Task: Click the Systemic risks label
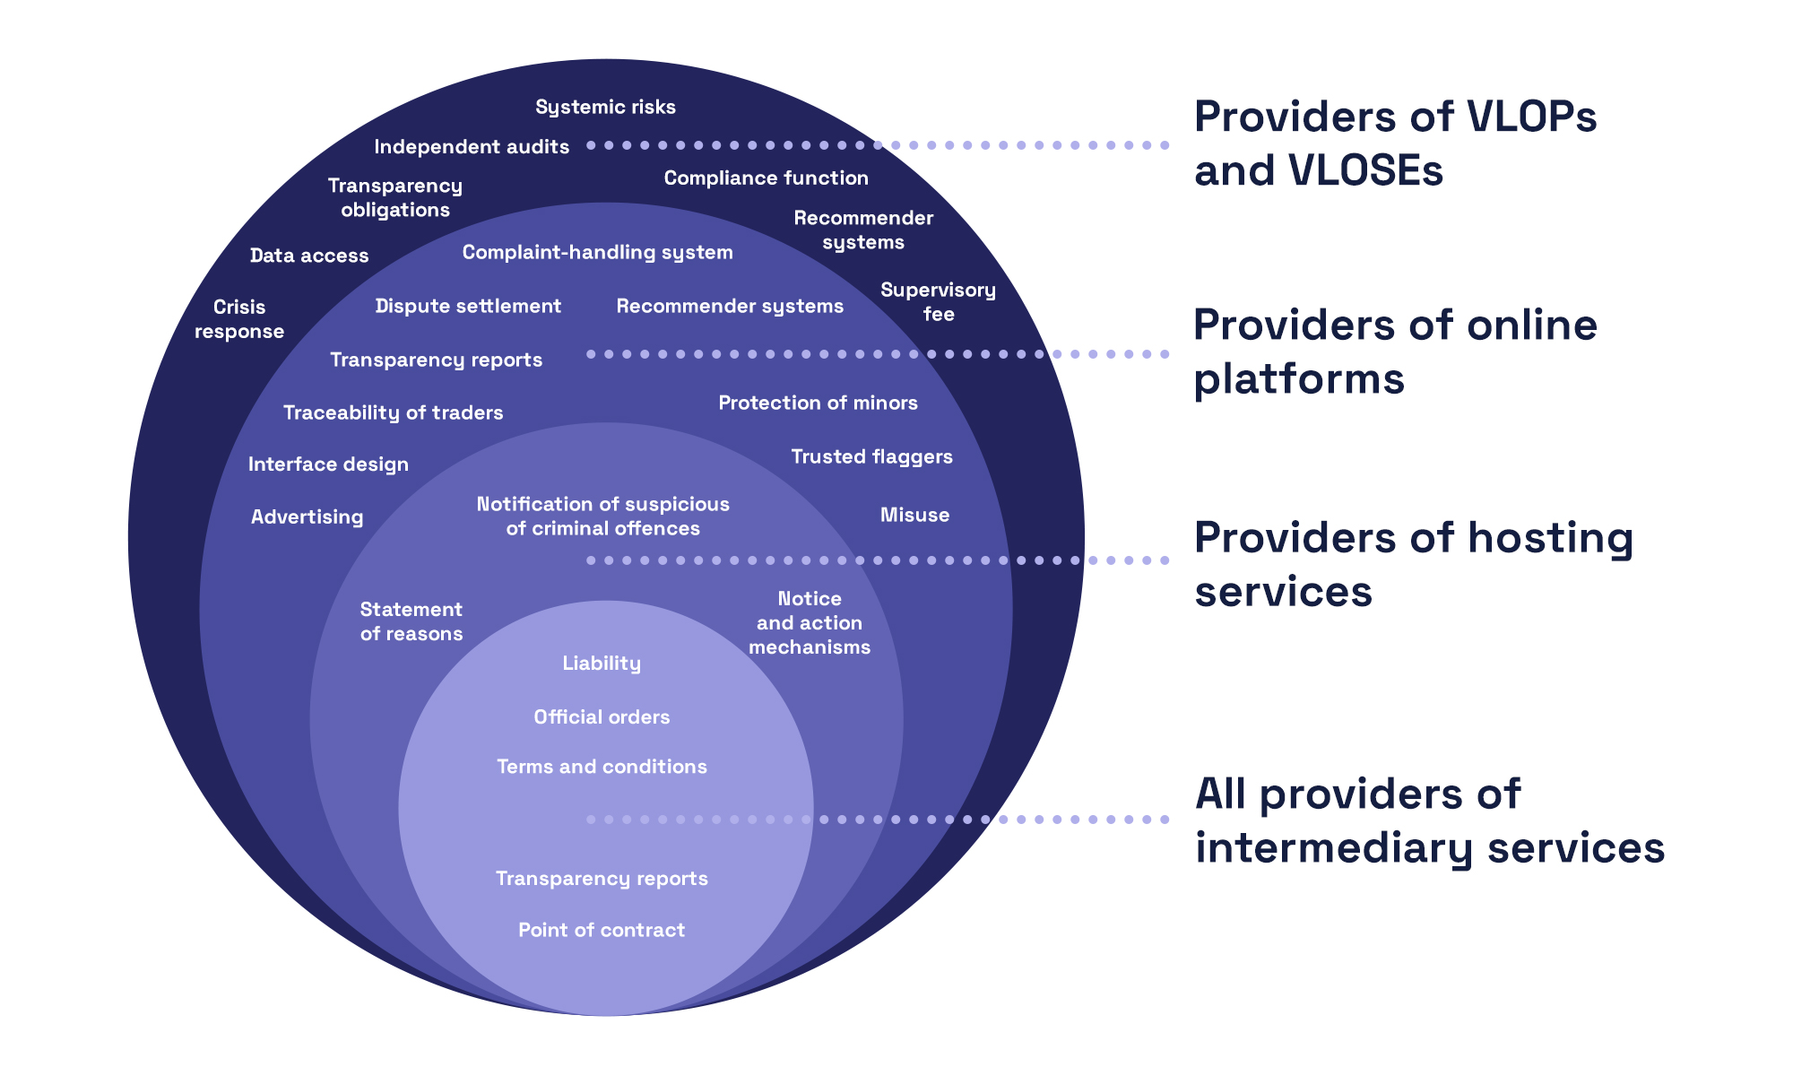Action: coord(605,107)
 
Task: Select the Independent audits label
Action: coord(472,146)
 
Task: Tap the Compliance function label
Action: coord(766,178)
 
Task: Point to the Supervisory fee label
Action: coord(938,301)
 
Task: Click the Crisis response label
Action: coord(239,318)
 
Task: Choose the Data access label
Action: coord(309,256)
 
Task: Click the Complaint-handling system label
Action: coord(597,252)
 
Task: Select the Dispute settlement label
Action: coord(468,306)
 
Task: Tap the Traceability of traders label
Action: coord(393,412)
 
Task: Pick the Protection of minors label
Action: coord(818,403)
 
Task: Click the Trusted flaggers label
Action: coord(871,456)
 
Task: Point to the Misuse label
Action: coord(914,515)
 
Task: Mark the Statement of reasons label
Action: coord(411,621)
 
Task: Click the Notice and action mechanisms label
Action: coord(810,622)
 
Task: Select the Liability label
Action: coord(602,663)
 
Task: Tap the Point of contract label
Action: coord(602,930)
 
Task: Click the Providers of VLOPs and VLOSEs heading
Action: coord(1394,143)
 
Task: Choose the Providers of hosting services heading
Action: coord(1413,565)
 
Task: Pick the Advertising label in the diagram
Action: coord(307,516)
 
